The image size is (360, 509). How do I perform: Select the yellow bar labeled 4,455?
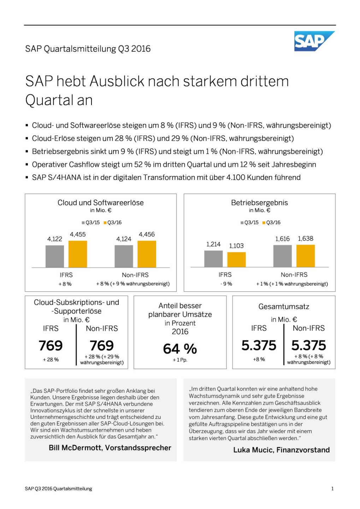[78, 254]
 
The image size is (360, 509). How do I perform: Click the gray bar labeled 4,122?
[55, 256]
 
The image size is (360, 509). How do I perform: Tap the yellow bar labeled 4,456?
[147, 254]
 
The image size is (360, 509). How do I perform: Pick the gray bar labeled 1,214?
[213, 258]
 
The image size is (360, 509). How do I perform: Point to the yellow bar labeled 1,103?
[236, 259]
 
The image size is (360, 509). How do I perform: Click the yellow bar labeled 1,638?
[305, 256]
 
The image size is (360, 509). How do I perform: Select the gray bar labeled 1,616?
[282, 256]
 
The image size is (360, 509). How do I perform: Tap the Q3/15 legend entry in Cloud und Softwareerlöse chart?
[91, 223]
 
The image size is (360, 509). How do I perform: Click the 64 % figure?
[180, 349]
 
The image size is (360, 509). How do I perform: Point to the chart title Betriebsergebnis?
[259, 203]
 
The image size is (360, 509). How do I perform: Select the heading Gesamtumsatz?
[284, 306]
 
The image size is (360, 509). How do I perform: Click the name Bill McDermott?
[75, 447]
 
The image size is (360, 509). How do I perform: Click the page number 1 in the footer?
[332, 488]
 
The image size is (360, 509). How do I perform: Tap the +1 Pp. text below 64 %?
[180, 360]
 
